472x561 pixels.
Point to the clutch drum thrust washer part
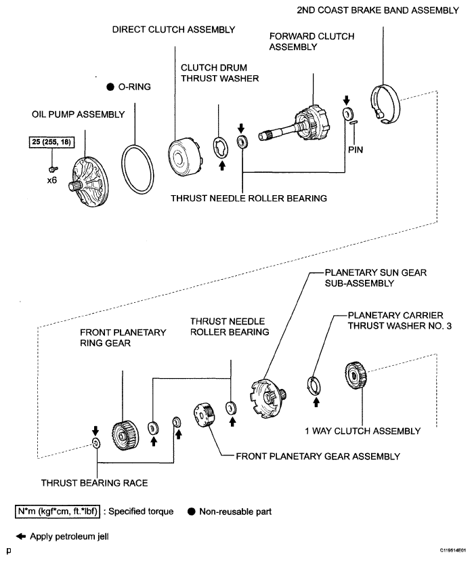pyautogui.click(x=221, y=146)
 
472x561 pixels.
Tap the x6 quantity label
pyautogui.click(x=51, y=181)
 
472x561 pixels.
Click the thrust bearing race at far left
pyautogui.click(x=95, y=444)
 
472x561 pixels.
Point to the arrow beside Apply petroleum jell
pyautogui.click(x=21, y=537)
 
